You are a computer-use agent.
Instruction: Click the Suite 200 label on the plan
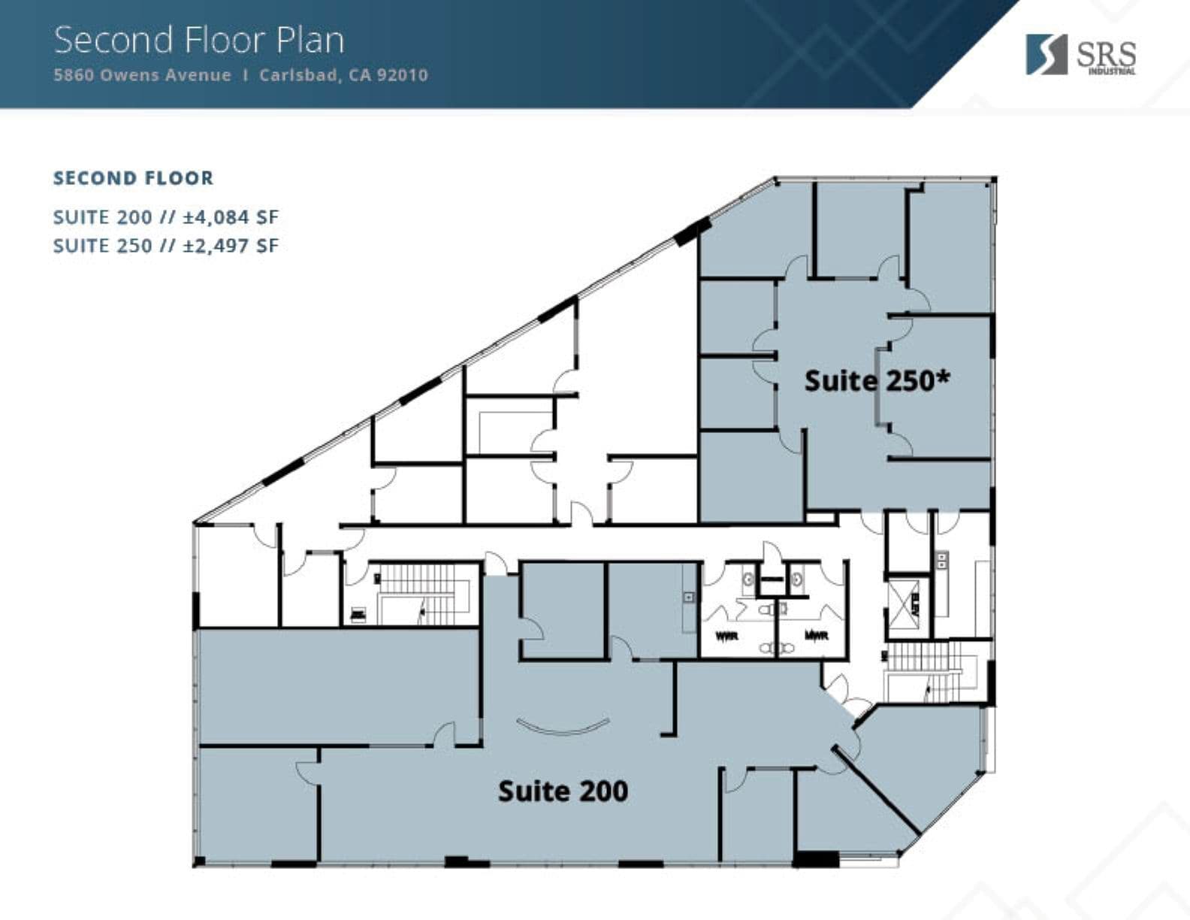tap(563, 791)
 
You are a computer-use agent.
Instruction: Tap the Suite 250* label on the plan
tap(877, 380)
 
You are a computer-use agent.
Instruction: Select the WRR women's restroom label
tap(726, 636)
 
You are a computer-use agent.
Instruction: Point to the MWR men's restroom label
tap(816, 636)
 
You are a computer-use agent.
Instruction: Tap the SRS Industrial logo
tap(1080, 54)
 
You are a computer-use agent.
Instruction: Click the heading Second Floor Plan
tap(199, 40)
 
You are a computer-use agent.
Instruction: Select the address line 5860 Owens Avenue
tap(142, 75)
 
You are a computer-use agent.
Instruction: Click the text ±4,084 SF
tap(231, 217)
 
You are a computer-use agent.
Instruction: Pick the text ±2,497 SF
tap(231, 246)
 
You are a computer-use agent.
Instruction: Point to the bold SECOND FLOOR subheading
tap(133, 178)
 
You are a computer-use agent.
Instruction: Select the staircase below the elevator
tap(928, 673)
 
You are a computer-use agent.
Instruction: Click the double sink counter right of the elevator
tap(941, 560)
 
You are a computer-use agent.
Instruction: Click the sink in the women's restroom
tap(748, 580)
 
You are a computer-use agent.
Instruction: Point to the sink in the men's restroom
tap(796, 580)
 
